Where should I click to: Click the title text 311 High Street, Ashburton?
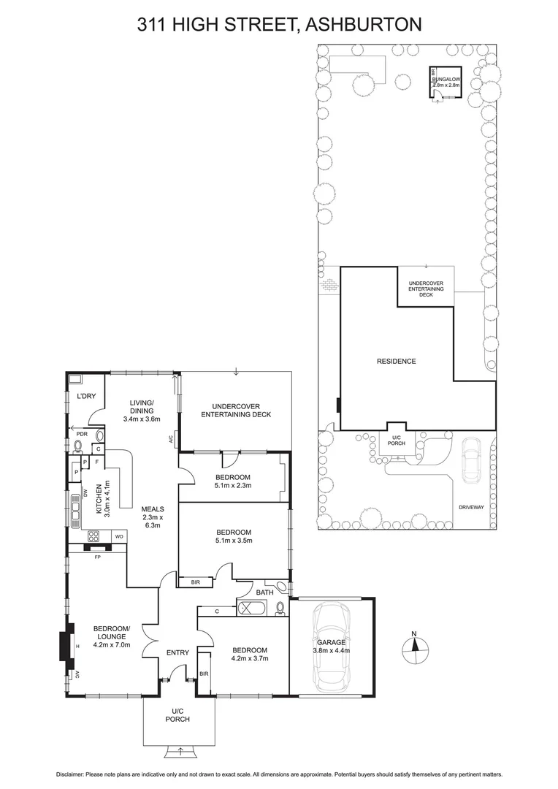point(280,25)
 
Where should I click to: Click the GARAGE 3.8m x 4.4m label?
point(332,646)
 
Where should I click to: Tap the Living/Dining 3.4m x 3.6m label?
point(142,411)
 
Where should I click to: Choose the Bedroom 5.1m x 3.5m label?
point(233,536)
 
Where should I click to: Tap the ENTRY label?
point(177,652)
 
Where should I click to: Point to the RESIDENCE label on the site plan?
point(396,361)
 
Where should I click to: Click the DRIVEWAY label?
point(471,506)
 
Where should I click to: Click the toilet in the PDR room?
point(79,444)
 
